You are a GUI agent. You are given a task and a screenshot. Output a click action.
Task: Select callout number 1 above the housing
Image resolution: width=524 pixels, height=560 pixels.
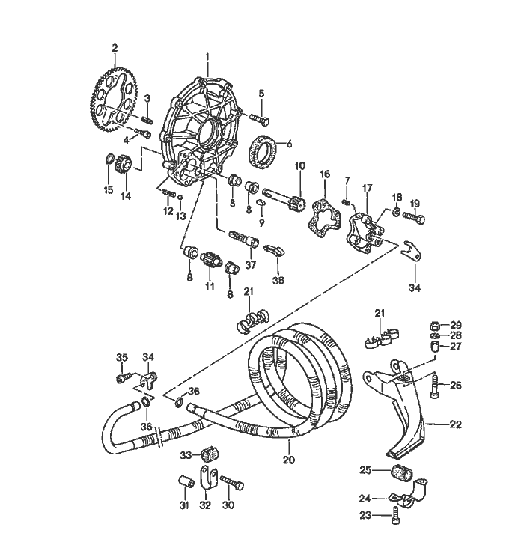pos(207,57)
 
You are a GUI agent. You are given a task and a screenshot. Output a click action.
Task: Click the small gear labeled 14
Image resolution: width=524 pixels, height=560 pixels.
pos(125,164)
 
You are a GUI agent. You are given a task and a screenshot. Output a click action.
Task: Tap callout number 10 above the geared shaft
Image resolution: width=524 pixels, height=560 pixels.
pos(299,165)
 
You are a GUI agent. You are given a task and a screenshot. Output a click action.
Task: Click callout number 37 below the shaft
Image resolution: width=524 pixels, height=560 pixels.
pos(251,264)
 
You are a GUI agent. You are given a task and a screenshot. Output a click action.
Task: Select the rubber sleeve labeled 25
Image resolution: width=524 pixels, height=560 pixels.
pos(403,475)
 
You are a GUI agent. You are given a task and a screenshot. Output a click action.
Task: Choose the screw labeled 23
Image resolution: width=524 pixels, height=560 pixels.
pos(396,514)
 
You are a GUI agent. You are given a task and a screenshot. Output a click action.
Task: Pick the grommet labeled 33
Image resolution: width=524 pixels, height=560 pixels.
pos(209,455)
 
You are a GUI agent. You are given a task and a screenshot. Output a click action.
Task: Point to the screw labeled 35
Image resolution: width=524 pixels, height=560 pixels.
pos(123,379)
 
